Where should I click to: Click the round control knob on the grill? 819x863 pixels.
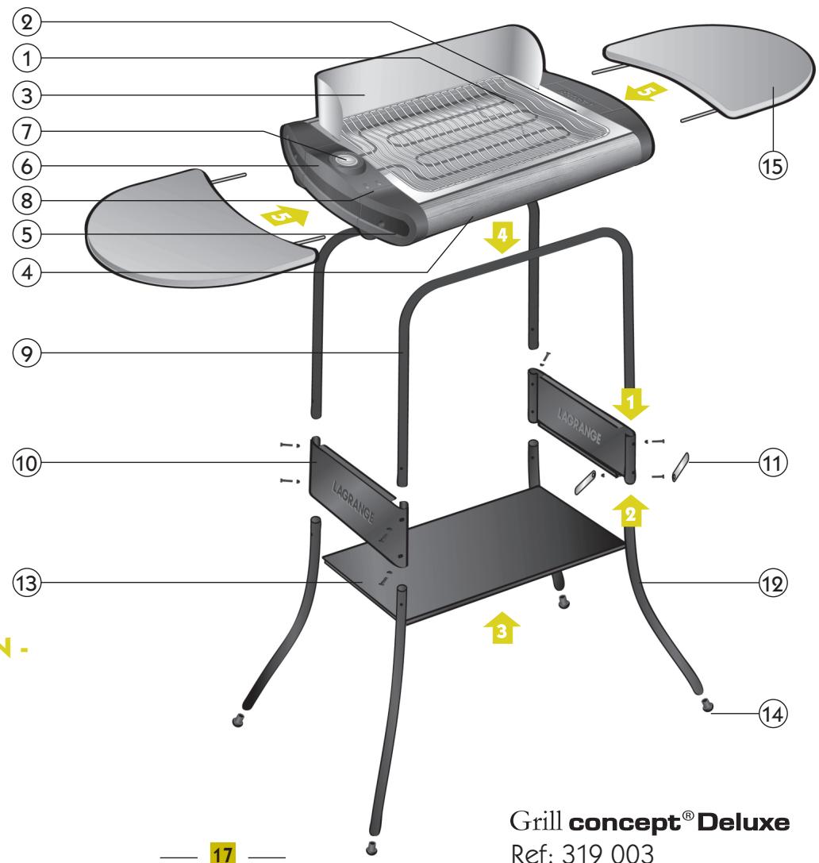[x=347, y=160]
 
